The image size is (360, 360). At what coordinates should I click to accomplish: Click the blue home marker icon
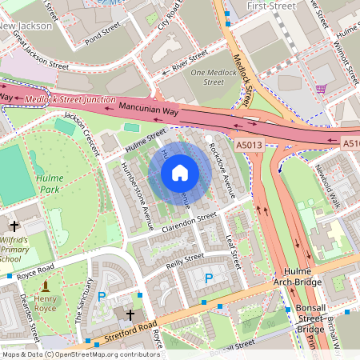tap(180, 172)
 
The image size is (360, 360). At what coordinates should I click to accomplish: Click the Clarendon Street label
tap(190, 221)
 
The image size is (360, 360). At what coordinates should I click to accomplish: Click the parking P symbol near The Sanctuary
tap(102, 296)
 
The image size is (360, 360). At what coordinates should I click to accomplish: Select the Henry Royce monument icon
tap(46, 286)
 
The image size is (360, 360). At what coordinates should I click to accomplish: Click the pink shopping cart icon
tap(321, 88)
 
